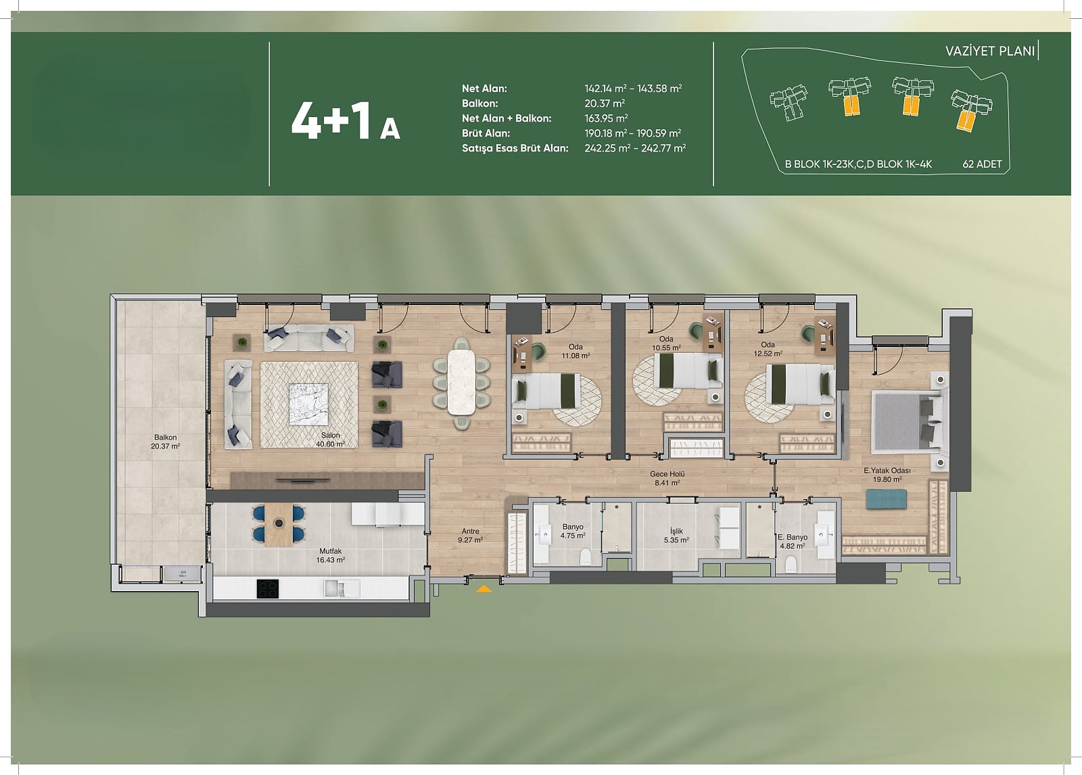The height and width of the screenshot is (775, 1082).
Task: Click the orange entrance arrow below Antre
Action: [x=484, y=588]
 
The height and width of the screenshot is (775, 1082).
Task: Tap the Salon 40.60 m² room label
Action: [x=331, y=440]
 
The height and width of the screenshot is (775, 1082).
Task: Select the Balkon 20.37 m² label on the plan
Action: [x=165, y=442]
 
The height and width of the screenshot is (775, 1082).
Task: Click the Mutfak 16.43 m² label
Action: [x=331, y=555]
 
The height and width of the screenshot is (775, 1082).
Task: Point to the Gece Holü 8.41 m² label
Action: [x=667, y=478]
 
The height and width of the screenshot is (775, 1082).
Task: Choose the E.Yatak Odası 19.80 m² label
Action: [x=887, y=475]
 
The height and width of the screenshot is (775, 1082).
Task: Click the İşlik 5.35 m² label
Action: [x=676, y=536]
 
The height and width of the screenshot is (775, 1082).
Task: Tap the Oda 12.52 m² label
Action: [x=768, y=349]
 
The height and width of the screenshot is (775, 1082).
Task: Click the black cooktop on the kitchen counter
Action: [x=268, y=589]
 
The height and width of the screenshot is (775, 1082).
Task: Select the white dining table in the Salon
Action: [x=461, y=381]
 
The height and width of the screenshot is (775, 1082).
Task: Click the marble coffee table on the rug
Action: [x=308, y=404]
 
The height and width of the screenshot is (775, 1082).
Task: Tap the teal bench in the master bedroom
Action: [x=886, y=499]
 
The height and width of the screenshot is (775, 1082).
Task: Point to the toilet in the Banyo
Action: [x=584, y=557]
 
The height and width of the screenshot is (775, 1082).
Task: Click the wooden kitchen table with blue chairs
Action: [x=279, y=524]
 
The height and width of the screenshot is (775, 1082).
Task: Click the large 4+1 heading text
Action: [x=332, y=121]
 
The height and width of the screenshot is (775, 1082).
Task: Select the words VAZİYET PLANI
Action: [x=990, y=51]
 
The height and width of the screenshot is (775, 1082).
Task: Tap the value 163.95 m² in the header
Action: [x=606, y=118]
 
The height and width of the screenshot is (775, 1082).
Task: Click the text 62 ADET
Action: [x=982, y=164]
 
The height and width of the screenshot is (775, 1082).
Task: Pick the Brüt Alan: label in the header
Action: [x=486, y=133]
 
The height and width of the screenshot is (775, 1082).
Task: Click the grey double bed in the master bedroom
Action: [x=907, y=422]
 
